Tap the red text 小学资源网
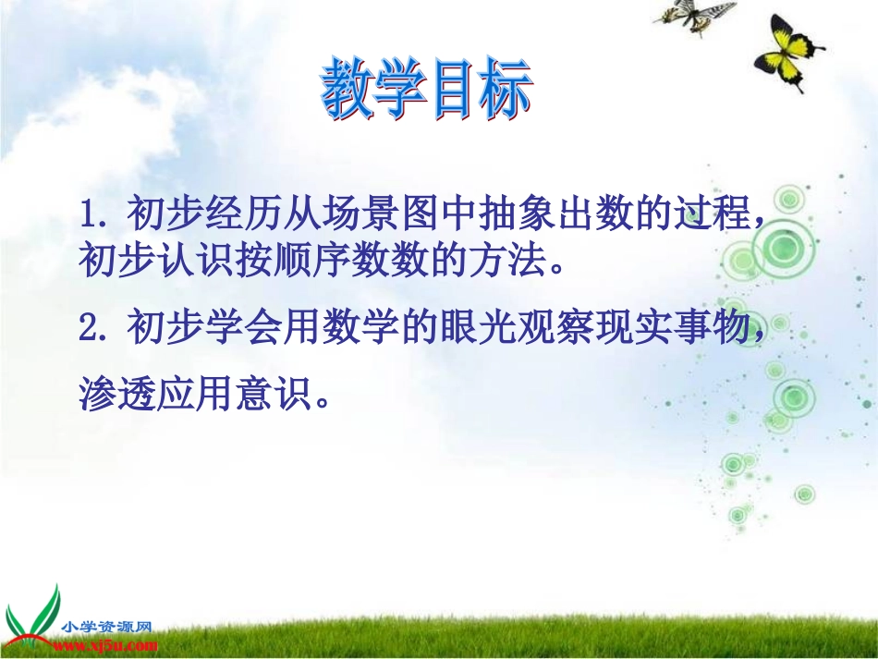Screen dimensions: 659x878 [106, 627]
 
